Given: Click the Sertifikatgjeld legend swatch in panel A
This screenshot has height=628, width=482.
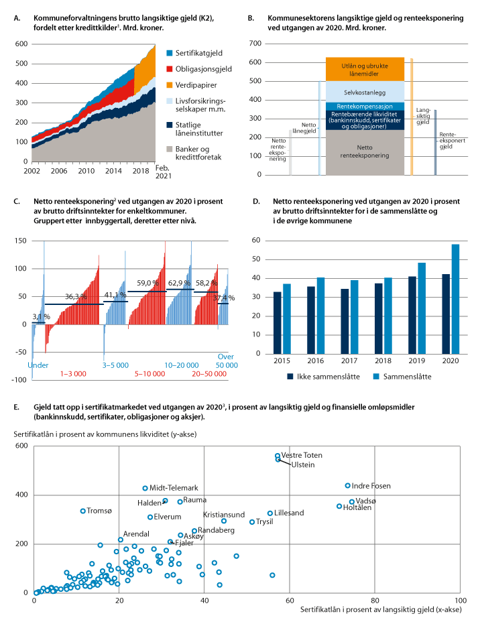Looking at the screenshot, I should tap(169, 53).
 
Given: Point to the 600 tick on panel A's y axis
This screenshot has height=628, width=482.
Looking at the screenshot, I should tap(21, 44).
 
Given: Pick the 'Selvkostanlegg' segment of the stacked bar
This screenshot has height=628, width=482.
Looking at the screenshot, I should tap(365, 92).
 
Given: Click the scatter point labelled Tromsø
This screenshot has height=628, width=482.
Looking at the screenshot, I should tap(83, 511).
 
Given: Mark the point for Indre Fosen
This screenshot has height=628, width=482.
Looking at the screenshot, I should tap(347, 485).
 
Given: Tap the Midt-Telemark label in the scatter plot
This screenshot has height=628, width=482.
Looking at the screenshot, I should tap(174, 488).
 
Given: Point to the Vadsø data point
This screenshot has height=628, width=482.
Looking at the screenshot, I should tap(352, 502).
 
